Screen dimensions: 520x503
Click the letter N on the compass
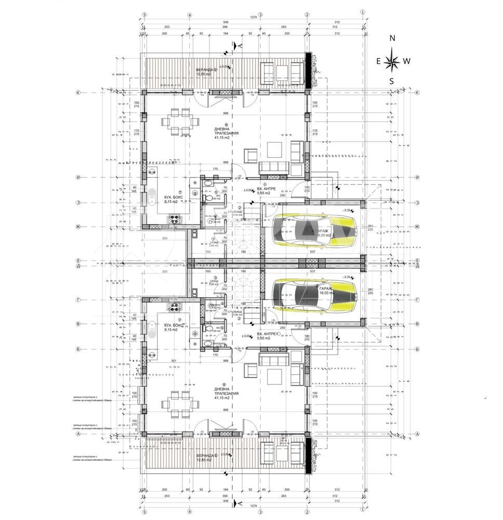tap(393, 38)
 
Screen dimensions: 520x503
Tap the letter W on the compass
tap(407, 61)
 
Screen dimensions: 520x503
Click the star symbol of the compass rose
tap(392, 62)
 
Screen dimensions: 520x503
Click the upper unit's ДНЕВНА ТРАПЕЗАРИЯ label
tap(226, 133)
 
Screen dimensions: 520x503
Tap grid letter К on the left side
tap(78, 93)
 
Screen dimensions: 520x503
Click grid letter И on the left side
tap(78, 177)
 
